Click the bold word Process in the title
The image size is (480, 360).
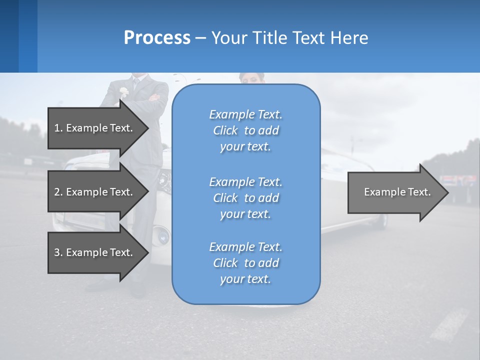pos(157,37)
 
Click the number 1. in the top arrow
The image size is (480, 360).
pos(58,128)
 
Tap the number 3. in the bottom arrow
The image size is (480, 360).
pos(58,252)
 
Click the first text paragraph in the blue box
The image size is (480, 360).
pos(245,130)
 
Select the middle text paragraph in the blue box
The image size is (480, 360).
pos(245,198)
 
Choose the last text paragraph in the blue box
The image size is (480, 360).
pos(245,263)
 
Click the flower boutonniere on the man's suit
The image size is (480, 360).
pos(123,92)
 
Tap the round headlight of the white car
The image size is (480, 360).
pos(161,233)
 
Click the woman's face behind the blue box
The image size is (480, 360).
pos(252,79)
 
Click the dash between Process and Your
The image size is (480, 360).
pos(200,38)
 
